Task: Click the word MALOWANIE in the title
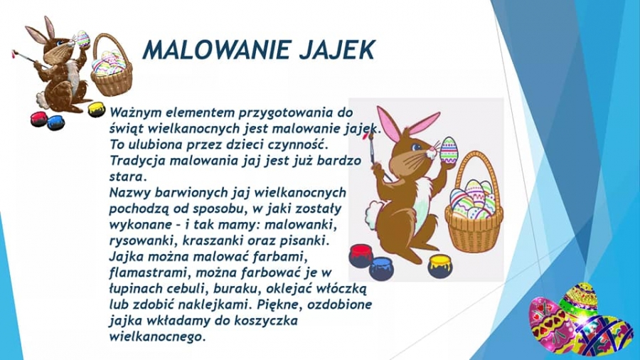[216, 50]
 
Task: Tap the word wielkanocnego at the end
[156, 337]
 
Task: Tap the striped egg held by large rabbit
[448, 151]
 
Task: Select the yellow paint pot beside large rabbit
[439, 265]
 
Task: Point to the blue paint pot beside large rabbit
[381, 268]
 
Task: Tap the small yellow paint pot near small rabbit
[96, 110]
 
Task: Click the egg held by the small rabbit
[82, 40]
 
